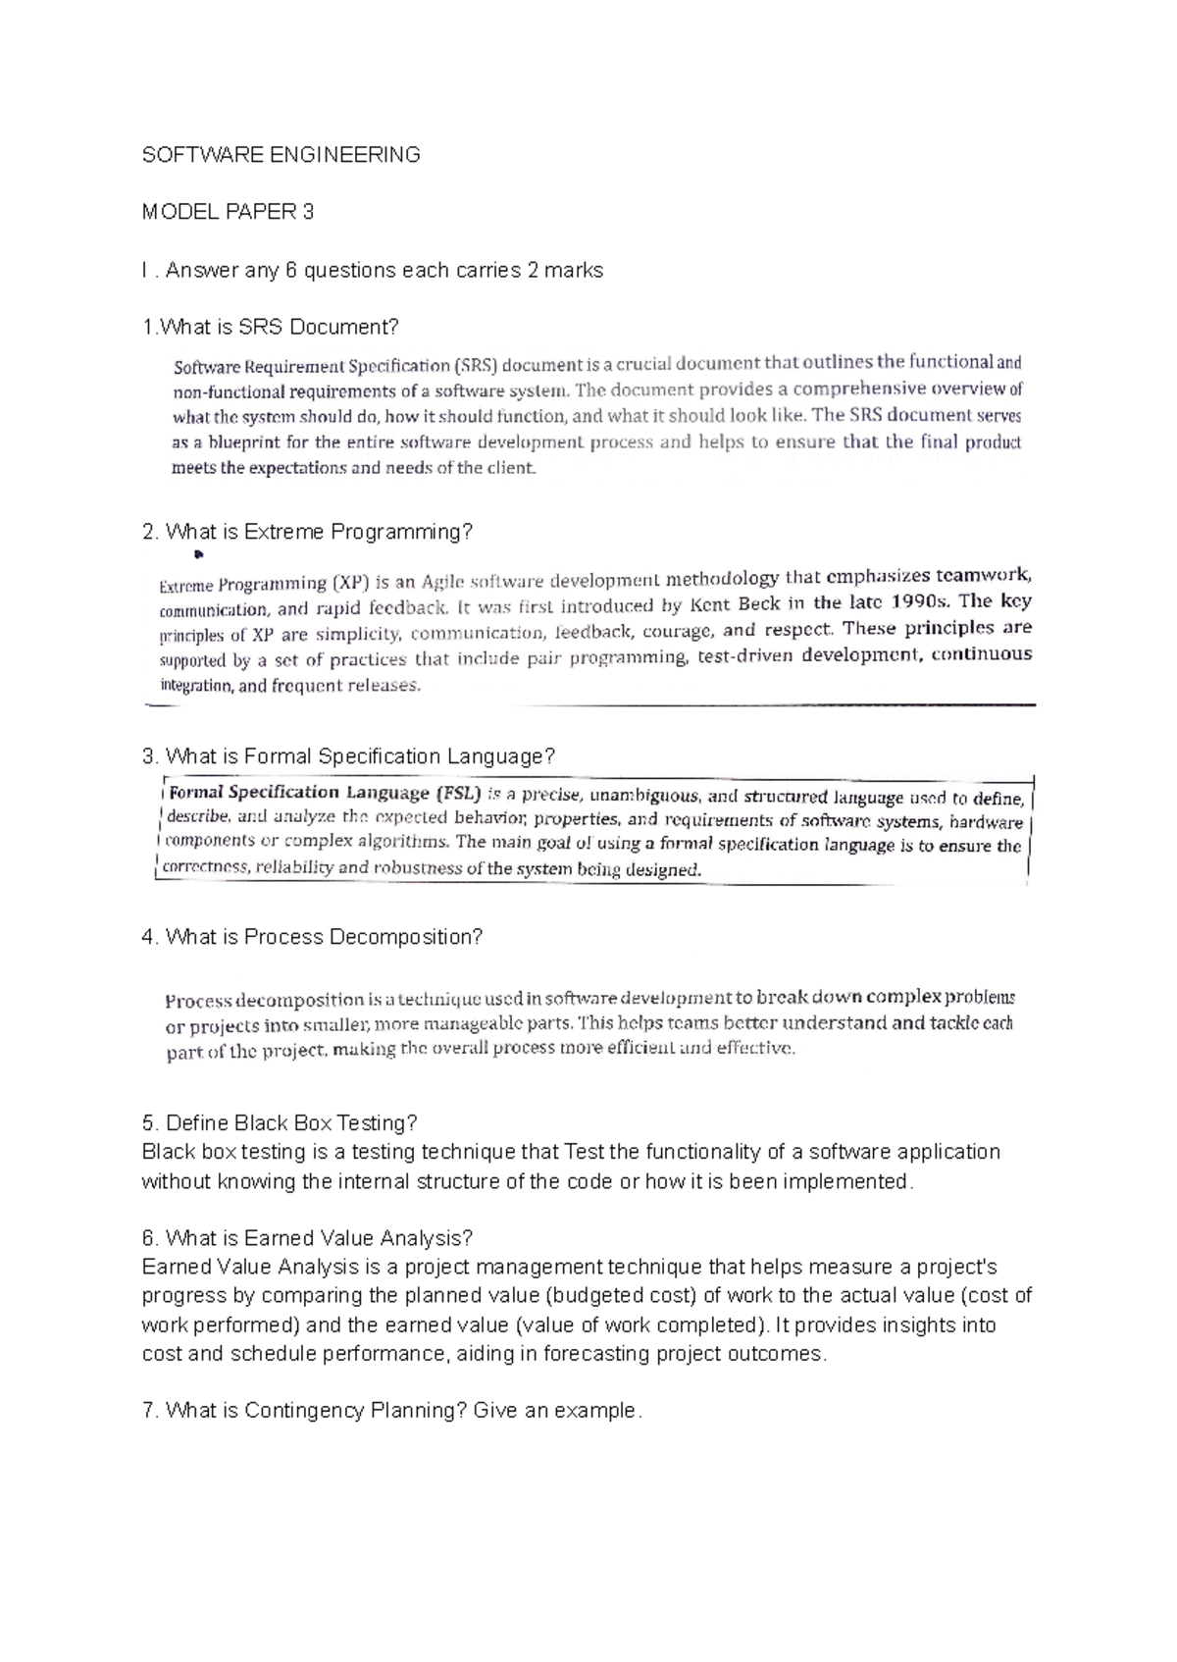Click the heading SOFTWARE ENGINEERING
tap(281, 154)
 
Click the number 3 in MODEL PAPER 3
tap(308, 212)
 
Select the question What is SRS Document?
tap(272, 328)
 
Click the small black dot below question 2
tap(197, 556)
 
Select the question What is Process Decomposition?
tap(313, 937)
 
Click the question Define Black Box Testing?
tap(281, 1122)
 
